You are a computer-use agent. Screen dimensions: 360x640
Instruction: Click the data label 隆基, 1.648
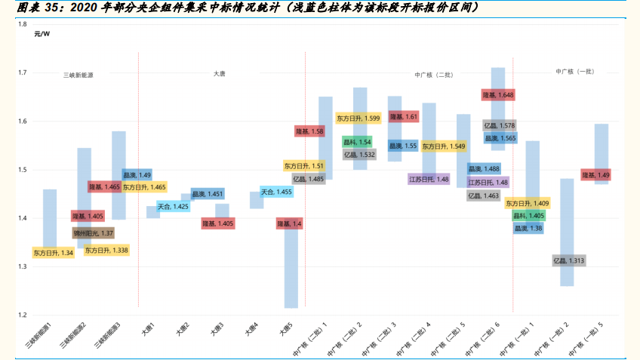(498, 95)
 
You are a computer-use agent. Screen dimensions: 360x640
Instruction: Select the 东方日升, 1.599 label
(358, 118)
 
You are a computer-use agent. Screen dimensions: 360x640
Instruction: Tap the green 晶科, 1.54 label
(357, 142)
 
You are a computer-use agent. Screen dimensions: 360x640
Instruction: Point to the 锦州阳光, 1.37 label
(93, 233)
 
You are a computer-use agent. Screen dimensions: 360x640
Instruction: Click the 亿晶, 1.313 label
(568, 260)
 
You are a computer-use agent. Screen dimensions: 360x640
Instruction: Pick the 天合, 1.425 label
(173, 206)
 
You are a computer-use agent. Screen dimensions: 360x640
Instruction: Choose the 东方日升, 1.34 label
(52, 253)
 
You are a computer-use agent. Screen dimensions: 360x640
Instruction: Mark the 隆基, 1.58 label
(309, 131)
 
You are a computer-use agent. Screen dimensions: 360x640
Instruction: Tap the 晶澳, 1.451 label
(208, 194)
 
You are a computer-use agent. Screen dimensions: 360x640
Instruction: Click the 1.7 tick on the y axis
(22, 73)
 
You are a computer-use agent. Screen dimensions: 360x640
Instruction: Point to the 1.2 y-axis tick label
(22, 315)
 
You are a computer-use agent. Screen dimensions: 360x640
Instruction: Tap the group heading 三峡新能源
(78, 75)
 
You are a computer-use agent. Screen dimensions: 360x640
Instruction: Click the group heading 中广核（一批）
(575, 72)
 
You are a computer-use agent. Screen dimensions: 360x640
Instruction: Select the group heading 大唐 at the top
(219, 73)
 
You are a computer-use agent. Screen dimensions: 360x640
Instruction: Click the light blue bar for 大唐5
(291, 272)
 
